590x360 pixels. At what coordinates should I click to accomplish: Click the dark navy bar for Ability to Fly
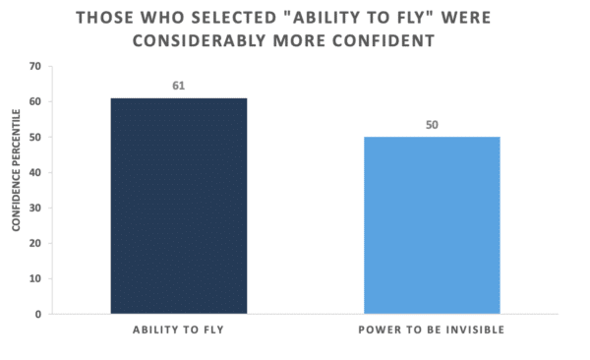(x=179, y=206)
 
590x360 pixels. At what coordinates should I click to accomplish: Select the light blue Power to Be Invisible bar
(x=432, y=225)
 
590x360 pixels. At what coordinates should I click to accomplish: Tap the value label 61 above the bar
(x=179, y=86)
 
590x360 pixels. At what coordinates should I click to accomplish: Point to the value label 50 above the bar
(x=432, y=125)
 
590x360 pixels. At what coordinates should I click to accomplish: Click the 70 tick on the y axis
(x=35, y=66)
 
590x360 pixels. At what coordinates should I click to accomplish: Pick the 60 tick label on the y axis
(x=35, y=101)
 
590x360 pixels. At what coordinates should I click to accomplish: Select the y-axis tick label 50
(x=35, y=137)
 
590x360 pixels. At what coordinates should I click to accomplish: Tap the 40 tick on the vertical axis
(x=35, y=172)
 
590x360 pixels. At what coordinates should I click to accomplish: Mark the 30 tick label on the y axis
(x=35, y=208)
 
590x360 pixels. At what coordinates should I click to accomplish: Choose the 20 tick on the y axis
(x=35, y=243)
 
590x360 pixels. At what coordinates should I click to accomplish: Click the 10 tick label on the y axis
(x=35, y=278)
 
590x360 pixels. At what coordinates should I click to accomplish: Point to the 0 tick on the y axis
(x=38, y=314)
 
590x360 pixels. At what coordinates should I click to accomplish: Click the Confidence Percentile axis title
(x=16, y=170)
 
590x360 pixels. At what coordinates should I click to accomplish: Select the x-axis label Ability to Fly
(x=178, y=330)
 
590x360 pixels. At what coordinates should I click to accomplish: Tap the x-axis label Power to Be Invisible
(x=432, y=330)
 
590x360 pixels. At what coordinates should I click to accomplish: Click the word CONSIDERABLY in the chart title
(x=200, y=40)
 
